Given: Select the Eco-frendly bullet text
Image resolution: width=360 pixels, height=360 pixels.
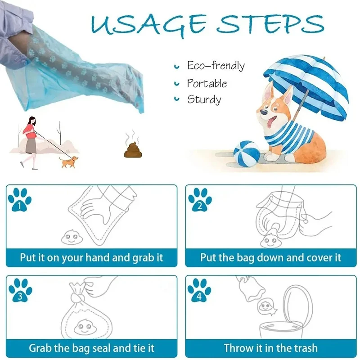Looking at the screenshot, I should coord(216,66).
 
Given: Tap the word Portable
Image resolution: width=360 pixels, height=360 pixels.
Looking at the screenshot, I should coord(207,83).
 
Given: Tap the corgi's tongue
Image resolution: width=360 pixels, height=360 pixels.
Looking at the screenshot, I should coord(270,122).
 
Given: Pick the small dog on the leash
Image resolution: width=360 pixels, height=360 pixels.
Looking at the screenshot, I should coord(68,162).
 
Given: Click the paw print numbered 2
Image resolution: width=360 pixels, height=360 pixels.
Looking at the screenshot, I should coord(200,200).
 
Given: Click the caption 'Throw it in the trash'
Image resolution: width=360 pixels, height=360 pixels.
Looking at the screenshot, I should coord(270,348).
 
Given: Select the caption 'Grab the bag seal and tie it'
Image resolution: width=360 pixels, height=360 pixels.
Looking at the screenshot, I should coord(92,348).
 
